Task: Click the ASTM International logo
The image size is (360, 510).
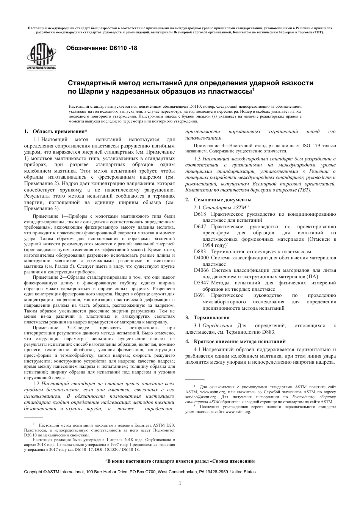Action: pyautogui.click(x=41, y=57)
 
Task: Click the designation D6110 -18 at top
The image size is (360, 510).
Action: pyautogui.click(x=102, y=48)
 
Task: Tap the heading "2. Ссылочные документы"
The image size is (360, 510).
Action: pyautogui.click(x=218, y=199)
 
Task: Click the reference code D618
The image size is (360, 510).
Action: pyautogui.click(x=200, y=214)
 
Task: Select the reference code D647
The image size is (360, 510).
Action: pyautogui.click(x=200, y=226)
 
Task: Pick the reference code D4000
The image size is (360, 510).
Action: pyautogui.click(x=201, y=258)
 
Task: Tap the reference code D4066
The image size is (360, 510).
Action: pyautogui.click(x=201, y=270)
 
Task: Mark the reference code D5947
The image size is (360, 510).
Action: pyautogui.click(x=201, y=282)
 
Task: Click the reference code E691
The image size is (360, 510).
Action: pyautogui.click(x=199, y=295)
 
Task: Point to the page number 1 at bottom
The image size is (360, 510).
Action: pyautogui.click(x=180, y=483)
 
